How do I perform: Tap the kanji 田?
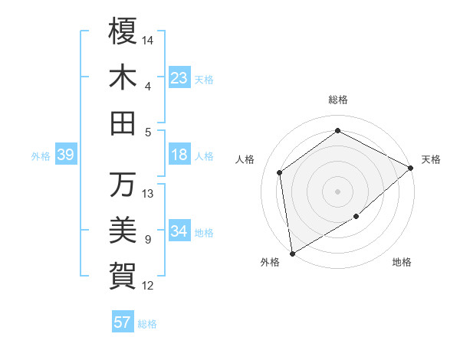point(123,123)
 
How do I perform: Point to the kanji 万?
point(123,185)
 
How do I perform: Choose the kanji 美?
point(123,231)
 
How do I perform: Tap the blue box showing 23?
point(179,78)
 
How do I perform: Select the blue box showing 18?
point(179,155)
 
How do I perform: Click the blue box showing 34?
point(179,231)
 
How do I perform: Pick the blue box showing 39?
point(66,155)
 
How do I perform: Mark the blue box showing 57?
point(123,322)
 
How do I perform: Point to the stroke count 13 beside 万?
point(149,194)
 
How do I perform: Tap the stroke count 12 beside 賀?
point(149,286)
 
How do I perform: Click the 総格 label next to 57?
point(147,324)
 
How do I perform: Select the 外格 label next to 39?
point(41,156)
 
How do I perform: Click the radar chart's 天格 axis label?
point(431,159)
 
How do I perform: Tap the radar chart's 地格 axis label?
point(402,263)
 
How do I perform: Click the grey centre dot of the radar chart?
point(337,191)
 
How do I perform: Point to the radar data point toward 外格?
point(292,253)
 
